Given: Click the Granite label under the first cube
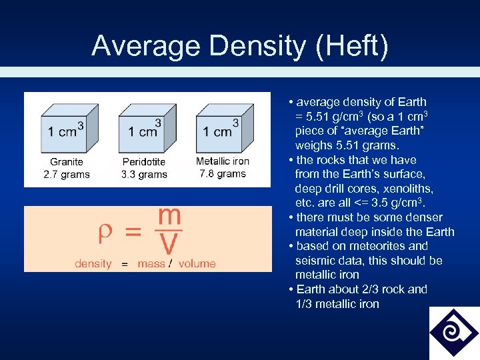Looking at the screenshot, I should (67, 161).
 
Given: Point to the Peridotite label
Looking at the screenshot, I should (145, 161).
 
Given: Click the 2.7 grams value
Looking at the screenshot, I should (67, 175).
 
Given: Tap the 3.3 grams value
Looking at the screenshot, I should (144, 175).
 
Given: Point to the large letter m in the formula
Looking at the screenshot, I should (169, 216).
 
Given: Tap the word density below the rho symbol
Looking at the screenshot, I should (93, 263).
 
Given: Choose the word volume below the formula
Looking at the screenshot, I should (197, 263).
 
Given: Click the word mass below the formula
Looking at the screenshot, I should (151, 263).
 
